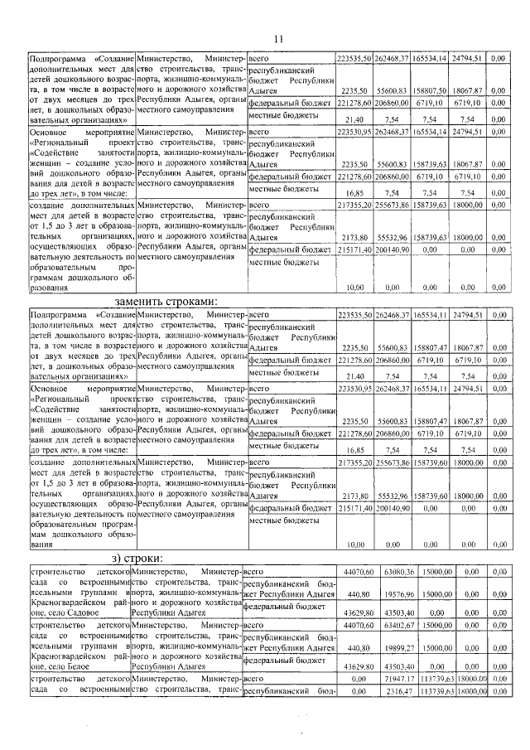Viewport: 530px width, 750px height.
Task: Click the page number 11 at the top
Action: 278,38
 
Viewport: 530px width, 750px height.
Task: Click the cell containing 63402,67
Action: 393,626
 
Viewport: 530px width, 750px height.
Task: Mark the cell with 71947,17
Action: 393,679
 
